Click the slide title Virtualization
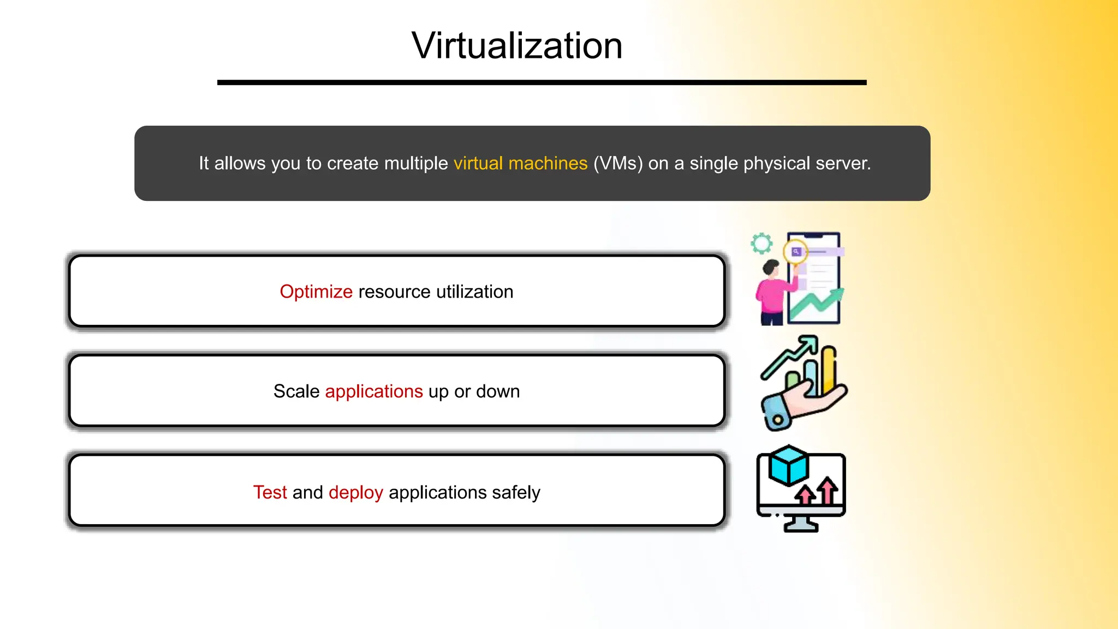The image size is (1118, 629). (516, 46)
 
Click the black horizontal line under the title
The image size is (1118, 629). (542, 82)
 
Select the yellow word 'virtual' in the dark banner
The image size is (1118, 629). (478, 163)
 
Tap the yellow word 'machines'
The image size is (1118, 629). (548, 163)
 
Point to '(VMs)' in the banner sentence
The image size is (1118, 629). (618, 163)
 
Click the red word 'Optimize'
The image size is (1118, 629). (316, 292)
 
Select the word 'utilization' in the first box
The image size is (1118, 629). (474, 292)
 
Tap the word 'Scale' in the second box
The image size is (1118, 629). (296, 391)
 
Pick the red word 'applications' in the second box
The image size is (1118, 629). (374, 391)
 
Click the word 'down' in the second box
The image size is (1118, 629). (498, 391)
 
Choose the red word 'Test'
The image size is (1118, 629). (270, 492)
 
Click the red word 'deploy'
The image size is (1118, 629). (356, 492)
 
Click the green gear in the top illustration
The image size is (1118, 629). (761, 244)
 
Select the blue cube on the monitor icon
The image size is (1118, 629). (788, 466)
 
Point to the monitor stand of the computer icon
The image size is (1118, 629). (801, 524)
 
